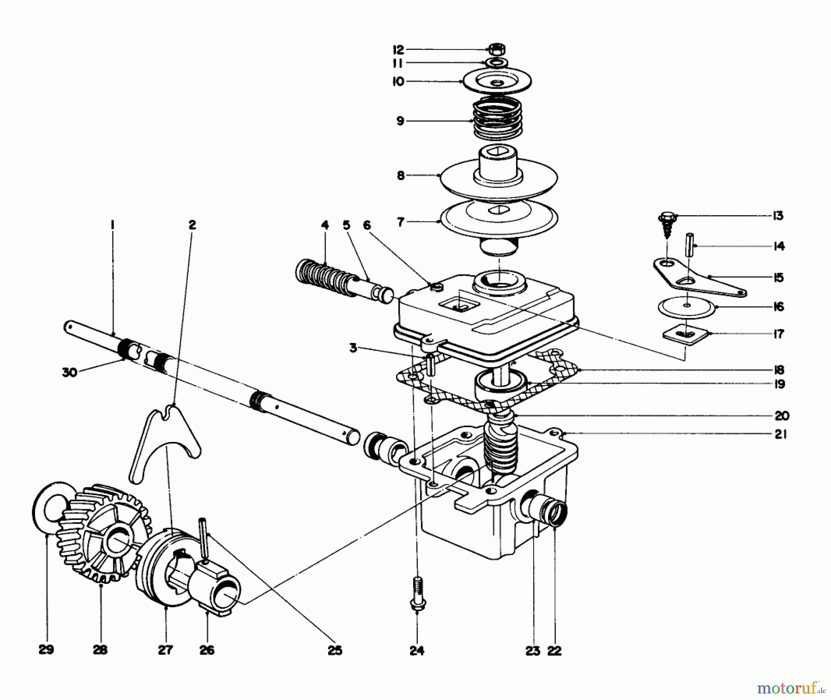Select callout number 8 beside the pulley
click(x=400, y=176)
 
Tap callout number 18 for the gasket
click(x=779, y=370)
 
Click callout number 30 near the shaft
click(x=70, y=372)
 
